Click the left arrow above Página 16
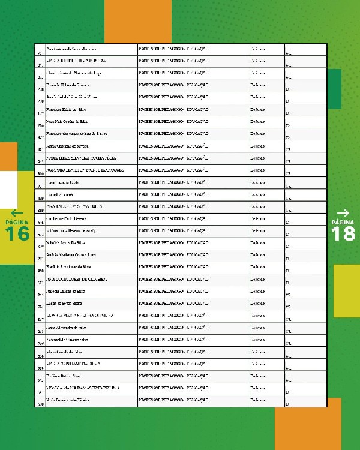coord(17,212)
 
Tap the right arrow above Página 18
coord(343,212)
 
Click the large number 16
coord(17,234)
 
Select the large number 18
coord(343,234)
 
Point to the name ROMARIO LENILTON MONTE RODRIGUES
coord(85,170)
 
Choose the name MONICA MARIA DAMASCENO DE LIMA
coord(83,388)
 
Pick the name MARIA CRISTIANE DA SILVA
coord(73,364)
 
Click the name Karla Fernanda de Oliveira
coord(67,400)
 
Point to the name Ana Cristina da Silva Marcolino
coord(71,49)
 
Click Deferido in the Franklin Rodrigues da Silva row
coord(257,267)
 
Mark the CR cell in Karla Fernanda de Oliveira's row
coord(289,404)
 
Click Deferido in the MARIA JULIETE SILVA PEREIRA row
coord(257,61)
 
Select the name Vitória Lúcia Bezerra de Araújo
coord(71,230)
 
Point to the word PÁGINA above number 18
coord(343,222)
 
